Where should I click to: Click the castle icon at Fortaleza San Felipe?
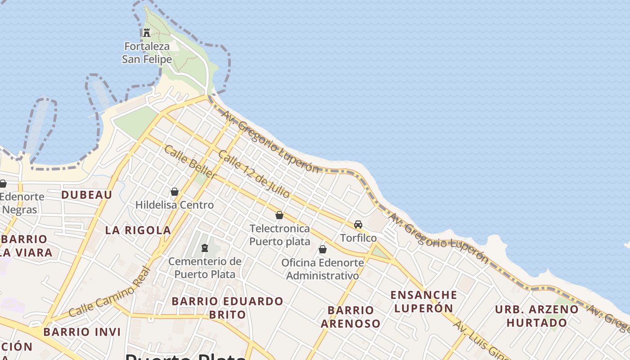click(146, 32)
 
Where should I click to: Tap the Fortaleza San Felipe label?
click(147, 53)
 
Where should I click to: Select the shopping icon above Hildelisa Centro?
click(175, 192)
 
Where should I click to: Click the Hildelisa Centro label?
click(175, 205)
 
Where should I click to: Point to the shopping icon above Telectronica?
click(279, 215)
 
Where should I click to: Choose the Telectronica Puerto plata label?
click(279, 235)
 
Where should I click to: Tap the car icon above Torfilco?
click(358, 224)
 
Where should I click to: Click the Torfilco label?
click(358, 238)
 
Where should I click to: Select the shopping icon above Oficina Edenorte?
click(323, 249)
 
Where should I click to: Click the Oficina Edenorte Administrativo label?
click(323, 269)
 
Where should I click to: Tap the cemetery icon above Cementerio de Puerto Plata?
click(205, 247)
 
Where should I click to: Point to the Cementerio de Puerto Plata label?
click(205, 268)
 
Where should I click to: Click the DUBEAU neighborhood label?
click(86, 194)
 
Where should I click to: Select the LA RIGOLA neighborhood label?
click(138, 230)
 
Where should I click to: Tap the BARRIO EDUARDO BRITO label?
click(227, 307)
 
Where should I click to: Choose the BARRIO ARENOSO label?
click(351, 316)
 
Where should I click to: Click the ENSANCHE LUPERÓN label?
click(423, 301)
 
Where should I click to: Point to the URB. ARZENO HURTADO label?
click(536, 316)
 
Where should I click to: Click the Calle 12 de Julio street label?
click(254, 174)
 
